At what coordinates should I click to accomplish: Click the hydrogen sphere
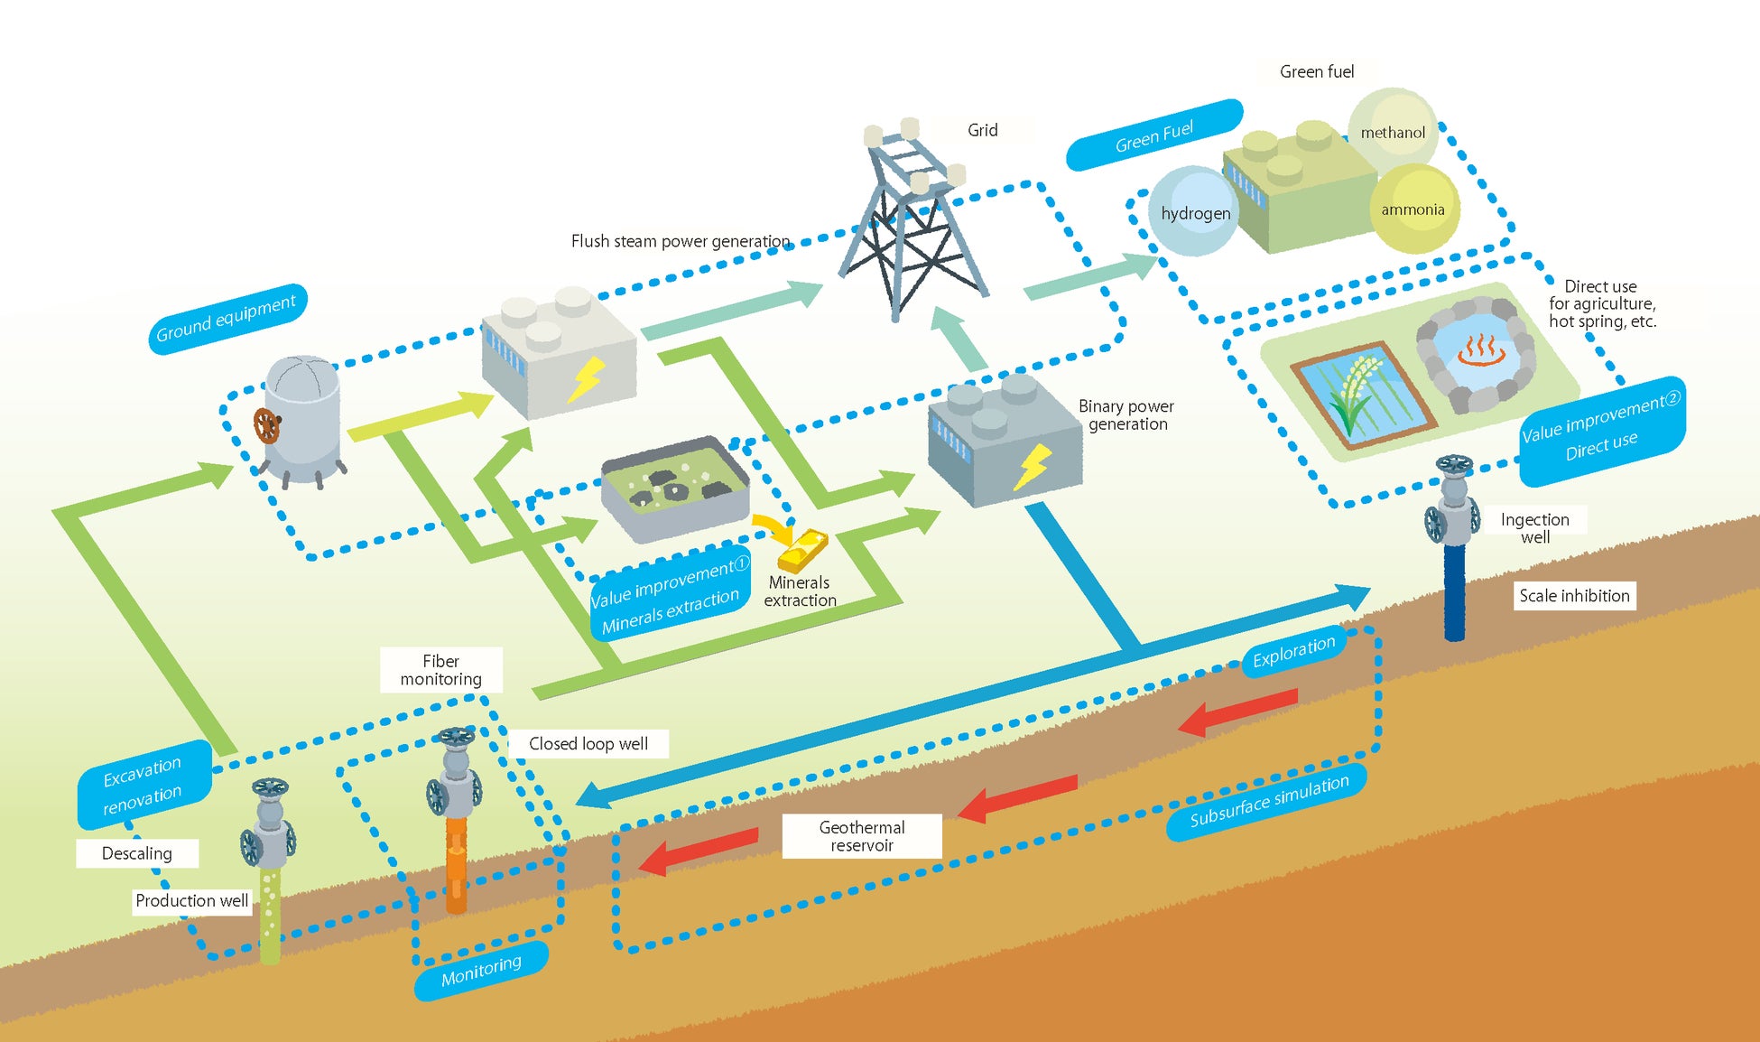(1193, 212)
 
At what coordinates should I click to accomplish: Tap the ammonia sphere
(1413, 209)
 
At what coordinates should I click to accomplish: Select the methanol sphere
(1393, 131)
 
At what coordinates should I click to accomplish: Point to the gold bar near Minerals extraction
(803, 551)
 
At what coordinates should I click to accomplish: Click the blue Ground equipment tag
(227, 320)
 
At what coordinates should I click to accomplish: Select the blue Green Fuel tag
(1153, 135)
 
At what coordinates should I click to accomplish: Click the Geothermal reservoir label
(862, 836)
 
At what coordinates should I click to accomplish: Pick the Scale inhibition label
(1574, 596)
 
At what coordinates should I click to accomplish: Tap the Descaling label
(137, 853)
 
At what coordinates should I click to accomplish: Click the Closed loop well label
(588, 744)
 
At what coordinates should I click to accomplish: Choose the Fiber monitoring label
(441, 670)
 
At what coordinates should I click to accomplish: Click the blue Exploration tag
(1293, 652)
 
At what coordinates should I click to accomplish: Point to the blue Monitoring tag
(481, 971)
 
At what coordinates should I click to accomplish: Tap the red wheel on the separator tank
(266, 425)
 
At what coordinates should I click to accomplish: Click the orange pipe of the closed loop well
(457, 862)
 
